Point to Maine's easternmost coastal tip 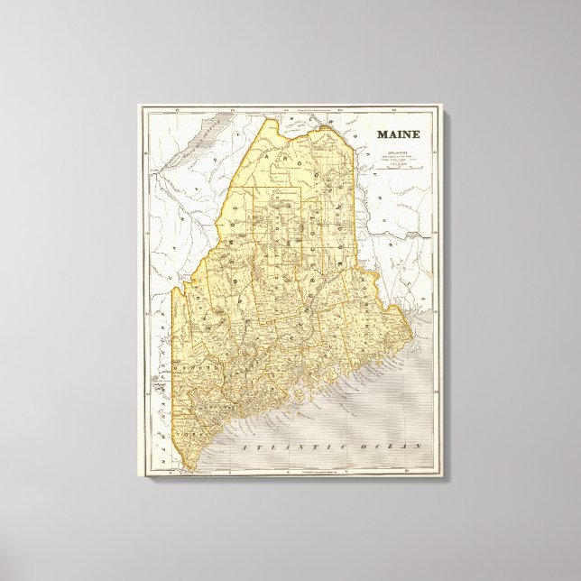click(414, 340)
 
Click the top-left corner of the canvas click(138, 104)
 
